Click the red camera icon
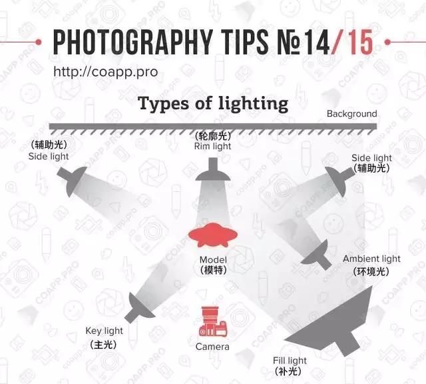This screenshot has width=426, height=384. click(x=213, y=321)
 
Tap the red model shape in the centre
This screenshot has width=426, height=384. click(x=213, y=235)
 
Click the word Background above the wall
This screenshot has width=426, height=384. click(x=352, y=113)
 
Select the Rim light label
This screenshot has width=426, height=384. click(x=212, y=146)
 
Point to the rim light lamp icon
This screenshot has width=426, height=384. click(x=213, y=169)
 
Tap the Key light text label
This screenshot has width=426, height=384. click(x=104, y=331)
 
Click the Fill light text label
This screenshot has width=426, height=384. click(x=290, y=361)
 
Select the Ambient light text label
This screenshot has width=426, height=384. click(x=371, y=259)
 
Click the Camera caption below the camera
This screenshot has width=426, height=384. click(x=212, y=347)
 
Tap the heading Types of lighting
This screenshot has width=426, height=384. click(x=213, y=104)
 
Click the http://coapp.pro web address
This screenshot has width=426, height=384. click(x=106, y=72)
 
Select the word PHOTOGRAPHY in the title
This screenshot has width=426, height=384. click(x=133, y=41)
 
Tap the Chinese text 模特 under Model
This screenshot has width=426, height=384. click(x=213, y=270)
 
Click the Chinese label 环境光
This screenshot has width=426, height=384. click(x=371, y=271)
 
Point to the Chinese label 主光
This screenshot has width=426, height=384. click(x=104, y=345)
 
